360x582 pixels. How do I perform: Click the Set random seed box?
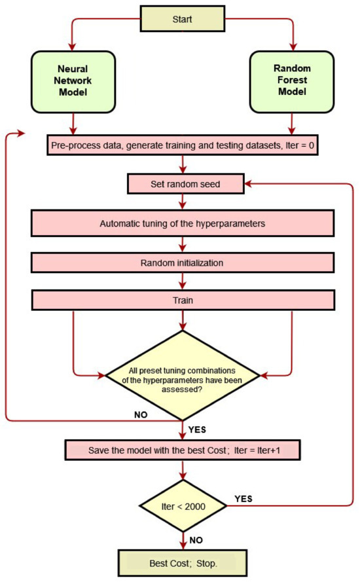click(x=183, y=184)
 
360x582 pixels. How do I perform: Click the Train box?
click(x=183, y=300)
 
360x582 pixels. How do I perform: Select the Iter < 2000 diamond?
click(x=183, y=505)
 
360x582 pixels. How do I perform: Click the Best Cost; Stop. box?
click(x=183, y=562)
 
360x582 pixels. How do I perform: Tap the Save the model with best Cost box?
click(x=183, y=452)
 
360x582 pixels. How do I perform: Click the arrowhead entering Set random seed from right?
click(x=250, y=184)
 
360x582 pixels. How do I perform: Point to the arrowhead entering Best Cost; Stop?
click(x=183, y=547)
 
